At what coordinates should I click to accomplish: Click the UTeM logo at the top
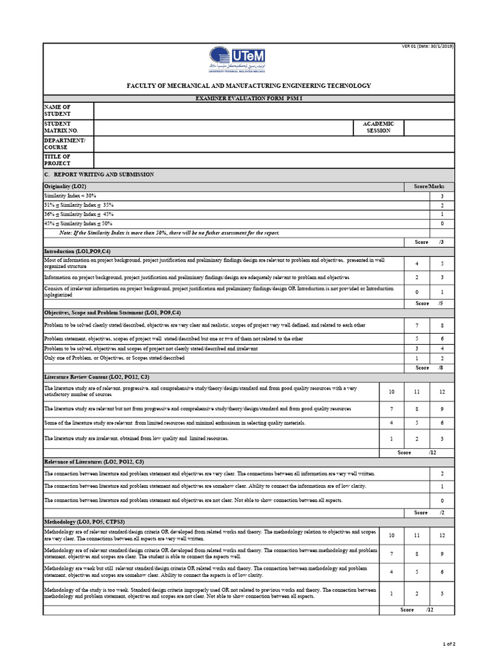[237, 59]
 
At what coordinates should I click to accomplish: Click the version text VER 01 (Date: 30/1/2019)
[428, 46]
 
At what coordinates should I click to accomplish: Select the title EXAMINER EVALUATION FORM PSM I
[249, 98]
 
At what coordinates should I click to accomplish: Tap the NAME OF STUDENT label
[57, 111]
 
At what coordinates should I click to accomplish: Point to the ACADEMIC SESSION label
[378, 127]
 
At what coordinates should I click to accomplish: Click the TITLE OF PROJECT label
[57, 160]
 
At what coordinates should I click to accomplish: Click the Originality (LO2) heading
[65, 186]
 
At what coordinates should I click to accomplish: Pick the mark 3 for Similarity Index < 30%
[442, 196]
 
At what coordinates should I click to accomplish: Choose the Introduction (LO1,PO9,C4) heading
[77, 251]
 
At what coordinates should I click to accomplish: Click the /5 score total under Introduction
[441, 303]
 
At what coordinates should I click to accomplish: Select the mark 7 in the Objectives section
[416, 325]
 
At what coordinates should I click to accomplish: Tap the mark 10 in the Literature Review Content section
[391, 392]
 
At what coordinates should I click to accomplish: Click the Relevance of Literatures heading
[94, 461]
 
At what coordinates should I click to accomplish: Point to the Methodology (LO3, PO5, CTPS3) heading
[84, 522]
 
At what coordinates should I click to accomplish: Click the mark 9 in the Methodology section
[442, 553]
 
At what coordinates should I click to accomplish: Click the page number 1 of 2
[449, 644]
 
